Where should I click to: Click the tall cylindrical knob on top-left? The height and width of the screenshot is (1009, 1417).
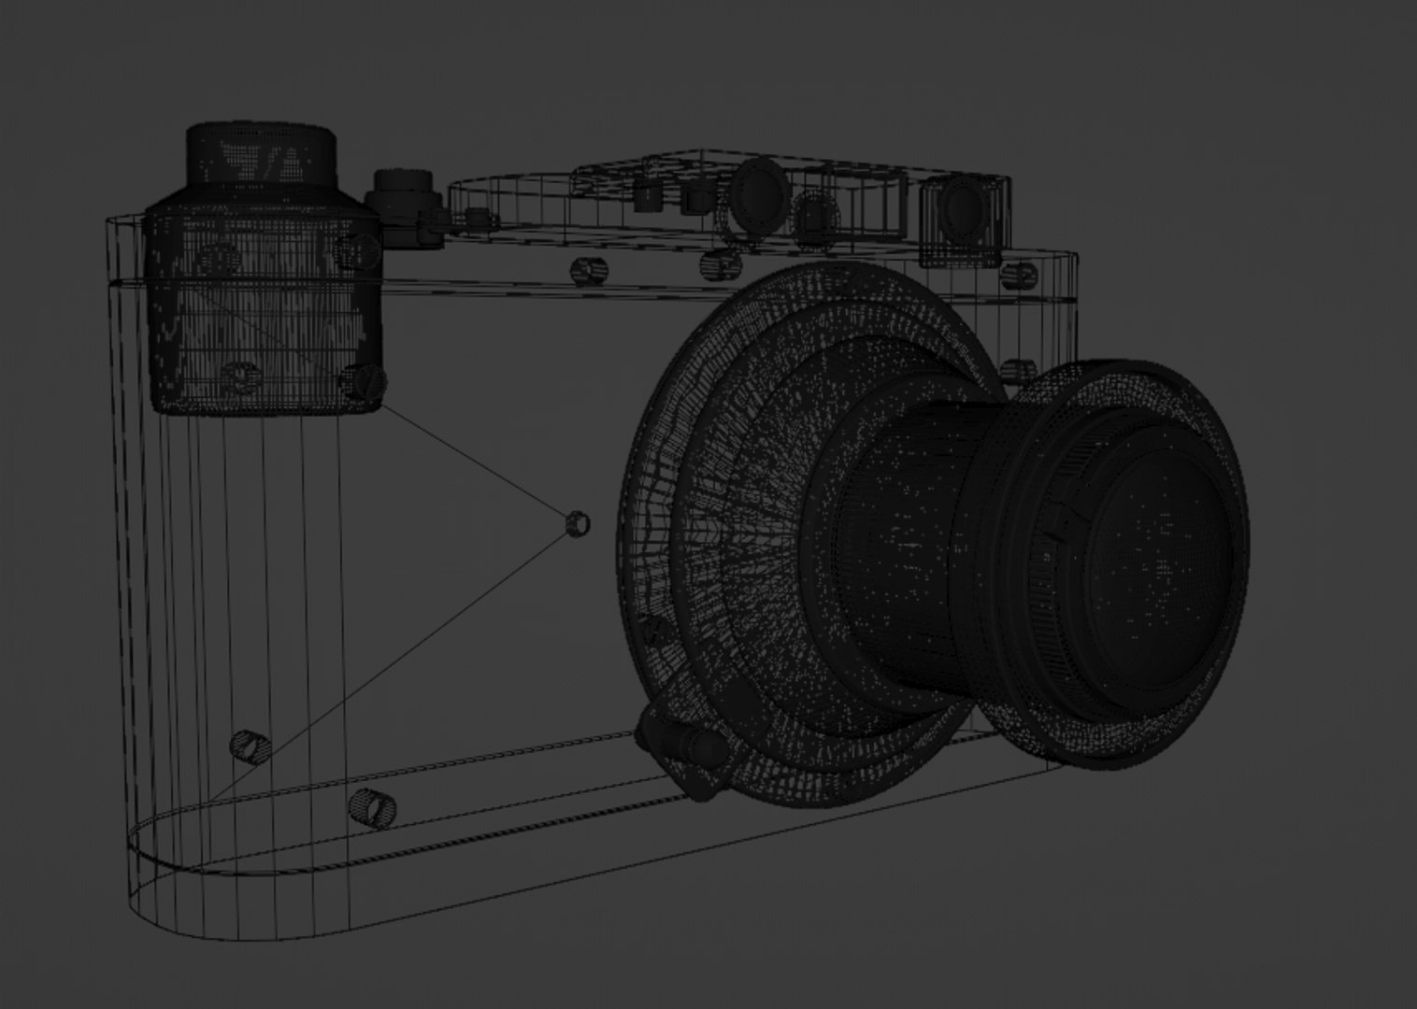261,159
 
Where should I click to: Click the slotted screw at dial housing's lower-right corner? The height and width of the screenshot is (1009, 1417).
362,380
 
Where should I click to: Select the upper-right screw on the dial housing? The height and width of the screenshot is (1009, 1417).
358,249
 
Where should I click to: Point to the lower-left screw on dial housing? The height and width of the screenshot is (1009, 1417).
241,376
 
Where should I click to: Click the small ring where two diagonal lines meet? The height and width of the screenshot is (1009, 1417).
578,523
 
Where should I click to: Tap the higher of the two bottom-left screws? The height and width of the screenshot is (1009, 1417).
250,746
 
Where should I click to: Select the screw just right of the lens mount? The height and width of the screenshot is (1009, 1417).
1016,370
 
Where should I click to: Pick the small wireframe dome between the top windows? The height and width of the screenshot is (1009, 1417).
813,216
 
